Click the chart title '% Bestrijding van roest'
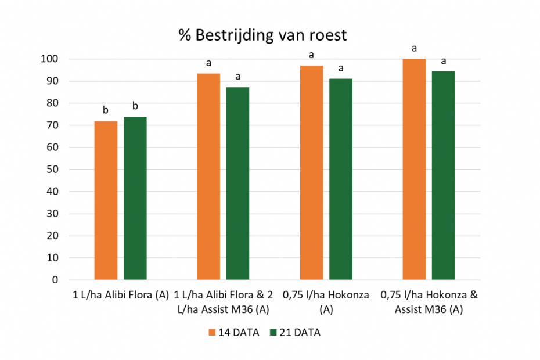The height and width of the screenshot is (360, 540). tap(262, 35)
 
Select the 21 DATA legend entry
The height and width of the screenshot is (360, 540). tap(294, 333)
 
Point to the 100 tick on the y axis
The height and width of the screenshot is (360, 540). tap(50, 59)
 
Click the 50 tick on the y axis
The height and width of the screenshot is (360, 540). tap(53, 170)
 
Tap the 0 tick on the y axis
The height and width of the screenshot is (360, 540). tap(55, 280)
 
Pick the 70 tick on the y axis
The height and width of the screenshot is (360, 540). tap(53, 125)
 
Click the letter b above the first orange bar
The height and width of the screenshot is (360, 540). tap(106, 110)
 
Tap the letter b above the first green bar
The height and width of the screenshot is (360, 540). tap(135, 106)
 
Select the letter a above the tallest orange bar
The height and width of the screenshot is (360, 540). tap(414, 48)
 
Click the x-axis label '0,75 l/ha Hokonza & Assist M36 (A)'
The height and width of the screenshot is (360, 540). tap(429, 302)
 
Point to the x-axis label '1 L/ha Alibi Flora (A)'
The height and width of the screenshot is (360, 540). tap(121, 295)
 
